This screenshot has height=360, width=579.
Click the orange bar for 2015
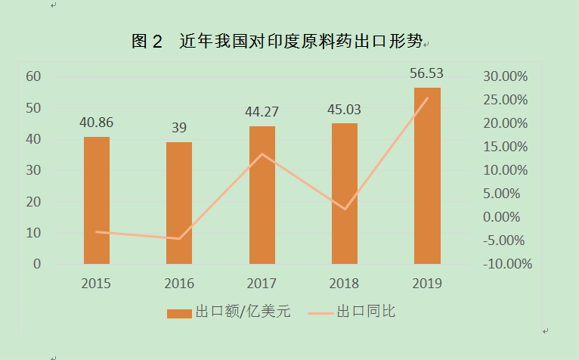[x=97, y=200]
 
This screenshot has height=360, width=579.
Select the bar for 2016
[x=179, y=203]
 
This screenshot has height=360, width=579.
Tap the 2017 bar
[x=262, y=195]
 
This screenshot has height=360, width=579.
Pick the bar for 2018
[x=345, y=194]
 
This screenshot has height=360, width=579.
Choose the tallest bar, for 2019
[x=427, y=175]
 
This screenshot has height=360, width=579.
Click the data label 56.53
[x=426, y=73]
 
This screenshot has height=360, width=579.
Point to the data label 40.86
[x=96, y=122]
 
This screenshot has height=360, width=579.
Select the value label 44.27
[x=262, y=111]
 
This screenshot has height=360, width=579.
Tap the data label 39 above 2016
[x=179, y=128]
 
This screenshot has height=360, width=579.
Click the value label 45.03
[x=345, y=109]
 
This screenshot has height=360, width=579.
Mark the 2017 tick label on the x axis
[x=262, y=284]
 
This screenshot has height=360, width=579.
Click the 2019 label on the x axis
[x=427, y=284]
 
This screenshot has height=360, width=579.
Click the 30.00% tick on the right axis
[x=506, y=76]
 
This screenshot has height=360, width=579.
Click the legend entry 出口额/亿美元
[x=228, y=312]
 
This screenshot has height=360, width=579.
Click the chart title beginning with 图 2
[x=279, y=42]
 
